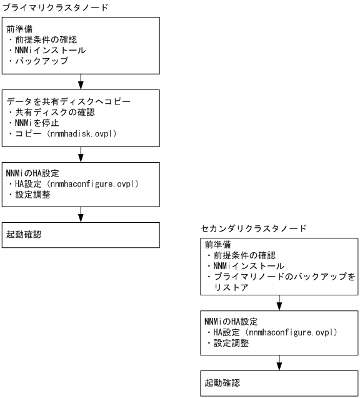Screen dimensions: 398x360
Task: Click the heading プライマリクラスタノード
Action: click(55, 8)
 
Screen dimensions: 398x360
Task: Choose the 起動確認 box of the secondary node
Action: click(279, 382)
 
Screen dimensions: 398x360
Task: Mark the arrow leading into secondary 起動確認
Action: click(279, 363)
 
